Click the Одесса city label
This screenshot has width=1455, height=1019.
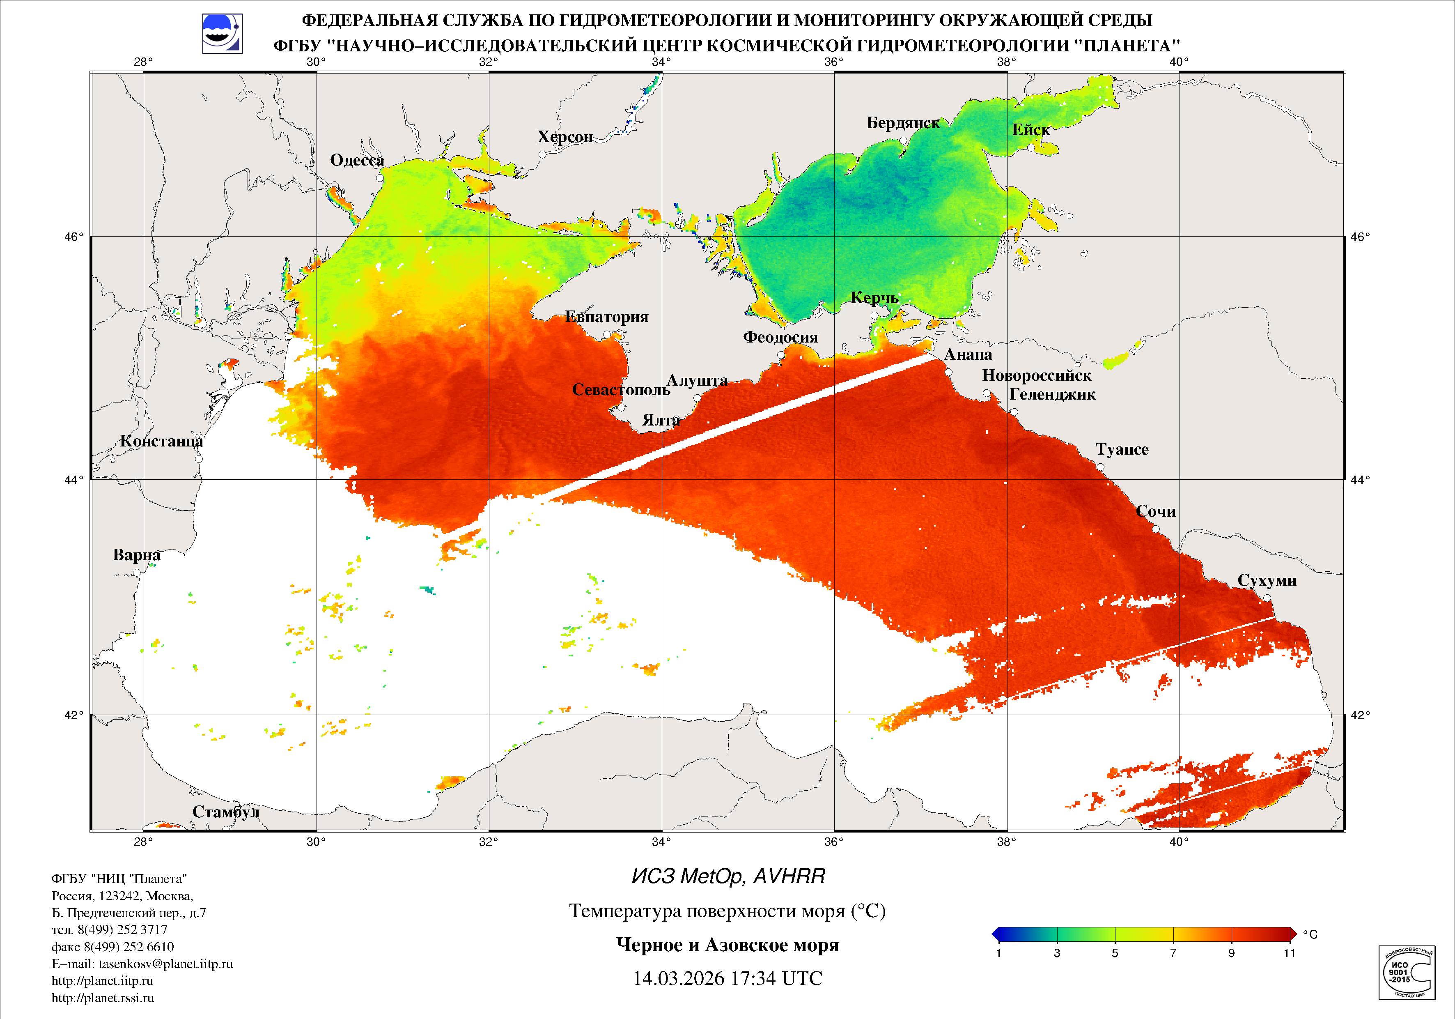[357, 161]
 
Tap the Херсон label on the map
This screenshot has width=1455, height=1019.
[565, 137]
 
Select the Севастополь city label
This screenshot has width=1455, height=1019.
[620, 389]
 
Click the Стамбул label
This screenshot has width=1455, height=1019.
[226, 812]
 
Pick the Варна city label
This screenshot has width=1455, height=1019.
[136, 555]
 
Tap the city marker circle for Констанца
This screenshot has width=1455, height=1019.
[198, 458]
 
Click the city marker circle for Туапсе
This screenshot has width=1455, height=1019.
[1100, 467]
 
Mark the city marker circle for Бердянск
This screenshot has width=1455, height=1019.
[903, 141]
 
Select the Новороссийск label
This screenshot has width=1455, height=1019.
[1036, 375]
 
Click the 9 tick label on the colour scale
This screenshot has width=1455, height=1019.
[1231, 953]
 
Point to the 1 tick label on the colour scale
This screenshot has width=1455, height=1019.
[999, 953]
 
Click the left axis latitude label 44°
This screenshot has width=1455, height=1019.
[77, 479]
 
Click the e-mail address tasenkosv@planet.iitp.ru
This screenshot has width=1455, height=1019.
[142, 964]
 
